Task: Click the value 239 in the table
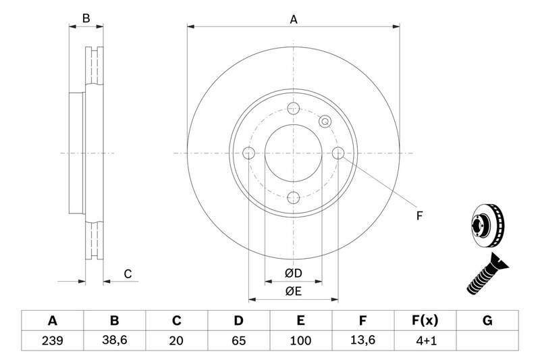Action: point(53,340)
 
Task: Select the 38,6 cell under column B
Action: point(115,340)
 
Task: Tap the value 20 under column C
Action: point(176,340)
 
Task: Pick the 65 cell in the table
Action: point(239,340)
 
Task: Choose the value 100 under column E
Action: point(300,340)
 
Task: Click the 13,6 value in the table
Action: point(362,340)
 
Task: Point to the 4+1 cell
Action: point(426,340)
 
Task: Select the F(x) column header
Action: point(425,321)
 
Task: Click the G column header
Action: point(487,321)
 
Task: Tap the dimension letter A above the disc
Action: point(294,20)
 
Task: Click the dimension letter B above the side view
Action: point(86,18)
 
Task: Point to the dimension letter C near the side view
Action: point(128,274)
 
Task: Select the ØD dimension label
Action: point(294,273)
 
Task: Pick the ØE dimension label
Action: point(294,292)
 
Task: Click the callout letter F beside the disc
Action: point(419,216)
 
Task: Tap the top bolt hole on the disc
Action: point(294,108)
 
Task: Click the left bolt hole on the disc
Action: point(248,153)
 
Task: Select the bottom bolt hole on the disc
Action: point(294,198)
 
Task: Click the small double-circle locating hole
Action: point(325,122)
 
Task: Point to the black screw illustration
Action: point(487,273)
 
